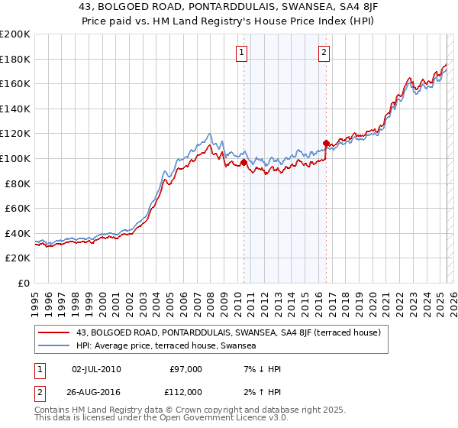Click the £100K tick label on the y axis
(15, 158)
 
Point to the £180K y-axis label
(15, 59)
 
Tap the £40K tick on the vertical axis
(18, 233)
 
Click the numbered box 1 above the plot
(241, 53)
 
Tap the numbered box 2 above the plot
(324, 53)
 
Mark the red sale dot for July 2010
(244, 162)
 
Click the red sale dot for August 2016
(326, 143)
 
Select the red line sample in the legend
(55, 332)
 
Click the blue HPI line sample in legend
(55, 345)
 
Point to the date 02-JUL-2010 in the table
(96, 369)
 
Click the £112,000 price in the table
(185, 391)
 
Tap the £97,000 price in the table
(185, 369)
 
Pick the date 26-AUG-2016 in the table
(96, 391)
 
